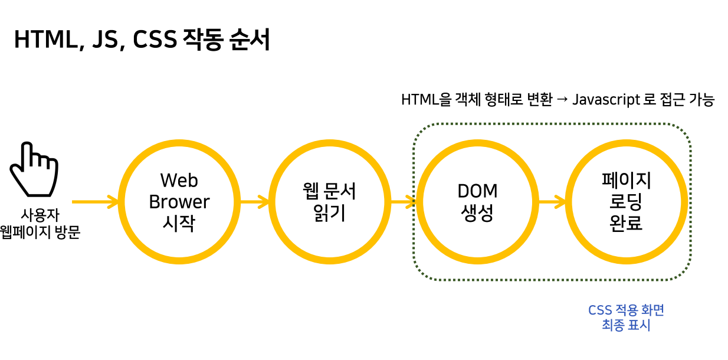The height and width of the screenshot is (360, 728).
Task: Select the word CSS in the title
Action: click(x=155, y=40)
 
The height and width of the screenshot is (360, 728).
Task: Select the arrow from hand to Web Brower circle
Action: click(x=94, y=202)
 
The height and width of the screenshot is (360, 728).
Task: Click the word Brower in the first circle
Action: click(x=179, y=202)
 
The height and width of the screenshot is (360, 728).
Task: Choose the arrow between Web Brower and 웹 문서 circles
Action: click(x=254, y=202)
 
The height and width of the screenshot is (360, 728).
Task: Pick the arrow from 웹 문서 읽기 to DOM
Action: click(x=403, y=202)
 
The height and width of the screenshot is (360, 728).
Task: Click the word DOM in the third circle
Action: click(x=477, y=191)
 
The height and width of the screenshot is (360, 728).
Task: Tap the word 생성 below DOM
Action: click(x=477, y=212)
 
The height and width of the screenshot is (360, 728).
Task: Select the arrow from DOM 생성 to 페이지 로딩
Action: click(x=552, y=202)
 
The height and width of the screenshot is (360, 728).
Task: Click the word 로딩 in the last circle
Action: click(x=626, y=202)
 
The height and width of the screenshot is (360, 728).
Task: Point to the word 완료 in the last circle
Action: click(x=626, y=223)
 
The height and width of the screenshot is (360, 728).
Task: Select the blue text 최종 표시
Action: click(x=626, y=325)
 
